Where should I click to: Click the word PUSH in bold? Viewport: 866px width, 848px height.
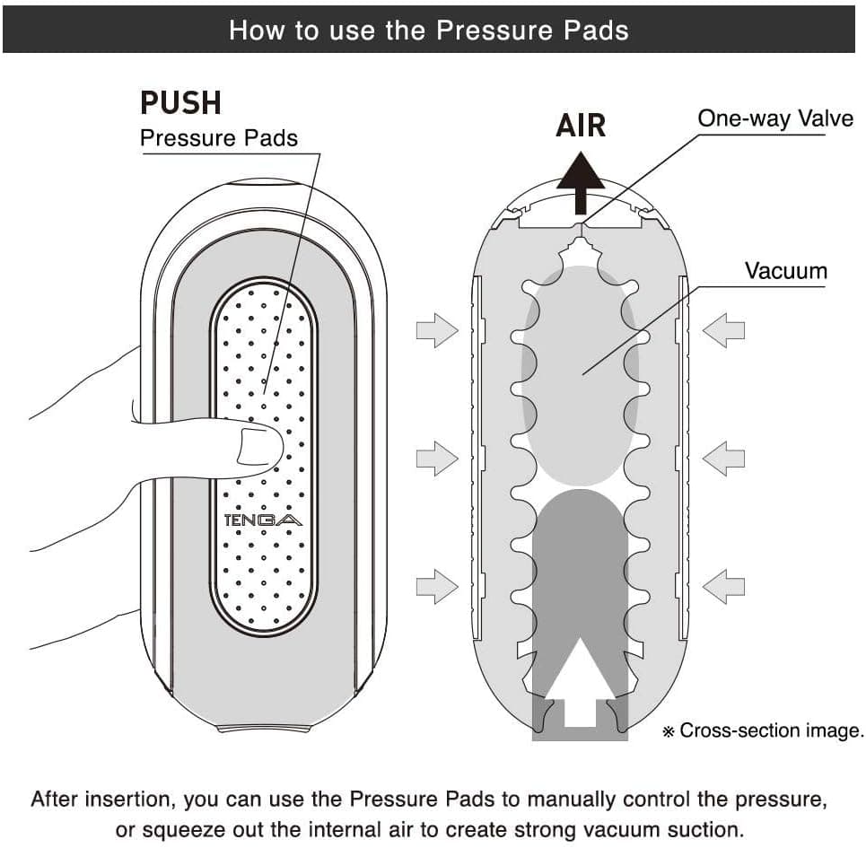[180, 102]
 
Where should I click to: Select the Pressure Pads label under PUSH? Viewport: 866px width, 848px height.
[219, 138]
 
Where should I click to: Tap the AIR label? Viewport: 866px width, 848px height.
[581, 126]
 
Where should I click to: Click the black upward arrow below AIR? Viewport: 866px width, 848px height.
[581, 182]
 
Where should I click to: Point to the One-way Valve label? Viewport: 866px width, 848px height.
[775, 118]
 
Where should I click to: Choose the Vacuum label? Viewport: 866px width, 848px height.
[786, 270]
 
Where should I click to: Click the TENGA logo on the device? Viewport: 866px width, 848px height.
[263, 520]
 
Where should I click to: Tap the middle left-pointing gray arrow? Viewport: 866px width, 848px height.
[723, 459]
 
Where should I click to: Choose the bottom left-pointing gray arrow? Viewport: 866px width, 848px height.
[723, 587]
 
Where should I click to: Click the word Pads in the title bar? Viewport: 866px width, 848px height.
[596, 30]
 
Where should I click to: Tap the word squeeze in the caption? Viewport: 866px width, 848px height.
[186, 829]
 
